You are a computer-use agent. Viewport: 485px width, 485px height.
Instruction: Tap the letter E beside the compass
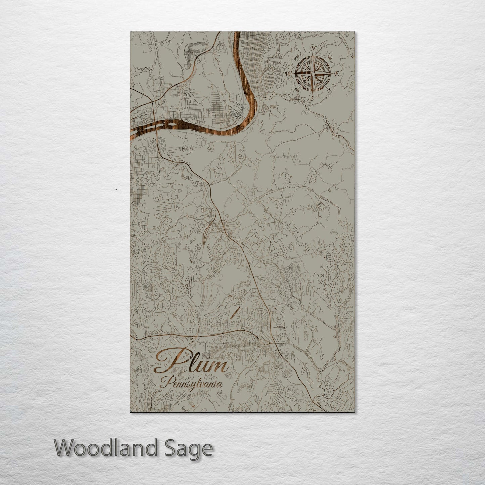click(x=337, y=75)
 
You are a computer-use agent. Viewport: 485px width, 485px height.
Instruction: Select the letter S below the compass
click(x=312, y=99)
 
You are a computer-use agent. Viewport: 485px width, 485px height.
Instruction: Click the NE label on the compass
click(x=330, y=58)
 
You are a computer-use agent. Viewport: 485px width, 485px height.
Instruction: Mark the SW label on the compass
click(x=296, y=89)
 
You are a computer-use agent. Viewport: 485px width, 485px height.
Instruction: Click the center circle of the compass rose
click(x=312, y=74)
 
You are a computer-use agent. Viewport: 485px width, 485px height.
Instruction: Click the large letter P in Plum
click(x=169, y=361)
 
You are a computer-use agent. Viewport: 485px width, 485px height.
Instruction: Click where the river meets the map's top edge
click(x=237, y=33)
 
